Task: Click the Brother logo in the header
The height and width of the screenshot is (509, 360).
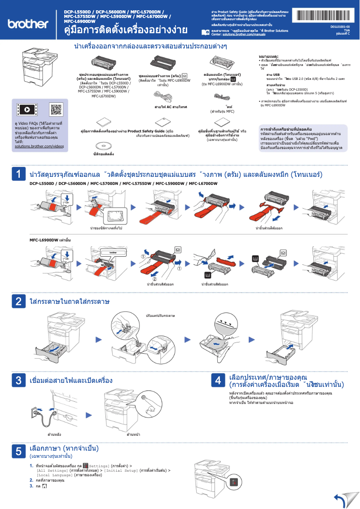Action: (27, 23)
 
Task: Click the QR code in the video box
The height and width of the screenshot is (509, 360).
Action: (56, 109)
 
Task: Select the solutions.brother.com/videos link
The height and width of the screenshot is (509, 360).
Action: (40, 146)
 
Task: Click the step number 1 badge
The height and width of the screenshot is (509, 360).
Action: (18, 175)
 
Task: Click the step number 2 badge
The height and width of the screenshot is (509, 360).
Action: (18, 301)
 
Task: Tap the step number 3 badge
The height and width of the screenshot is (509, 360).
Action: (18, 381)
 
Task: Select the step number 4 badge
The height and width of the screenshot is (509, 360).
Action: (218, 381)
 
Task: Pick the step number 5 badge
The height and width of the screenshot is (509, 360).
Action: (18, 452)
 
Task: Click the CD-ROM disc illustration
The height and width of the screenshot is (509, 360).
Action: (103, 145)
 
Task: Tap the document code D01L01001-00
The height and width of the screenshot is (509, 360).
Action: (340, 26)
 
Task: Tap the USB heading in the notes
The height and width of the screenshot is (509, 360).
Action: (273, 75)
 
